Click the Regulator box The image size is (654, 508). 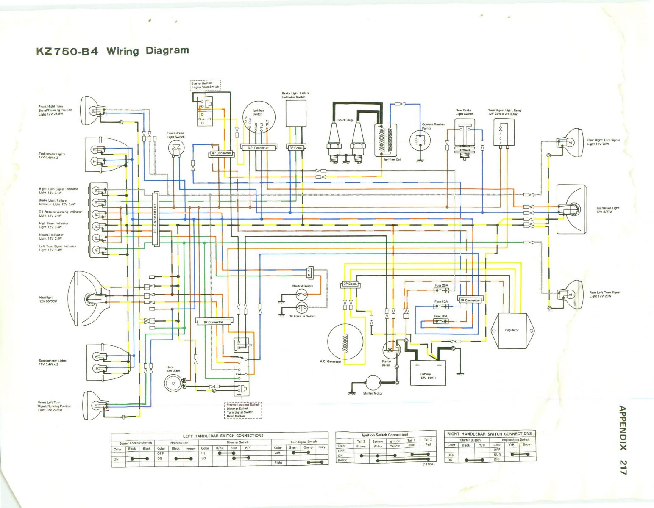point(512,330)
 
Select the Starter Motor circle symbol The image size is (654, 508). point(373,383)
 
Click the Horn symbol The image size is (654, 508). point(173,383)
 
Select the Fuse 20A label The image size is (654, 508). point(441,286)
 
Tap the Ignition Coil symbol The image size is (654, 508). point(386,140)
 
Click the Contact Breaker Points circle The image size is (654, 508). point(420,140)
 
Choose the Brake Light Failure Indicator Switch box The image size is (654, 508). point(296,114)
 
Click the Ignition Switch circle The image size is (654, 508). point(258,117)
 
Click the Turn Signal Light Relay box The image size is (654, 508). point(504,131)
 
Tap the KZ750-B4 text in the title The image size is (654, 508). point(67,52)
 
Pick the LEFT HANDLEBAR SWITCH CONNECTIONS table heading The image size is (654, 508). point(223,436)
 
